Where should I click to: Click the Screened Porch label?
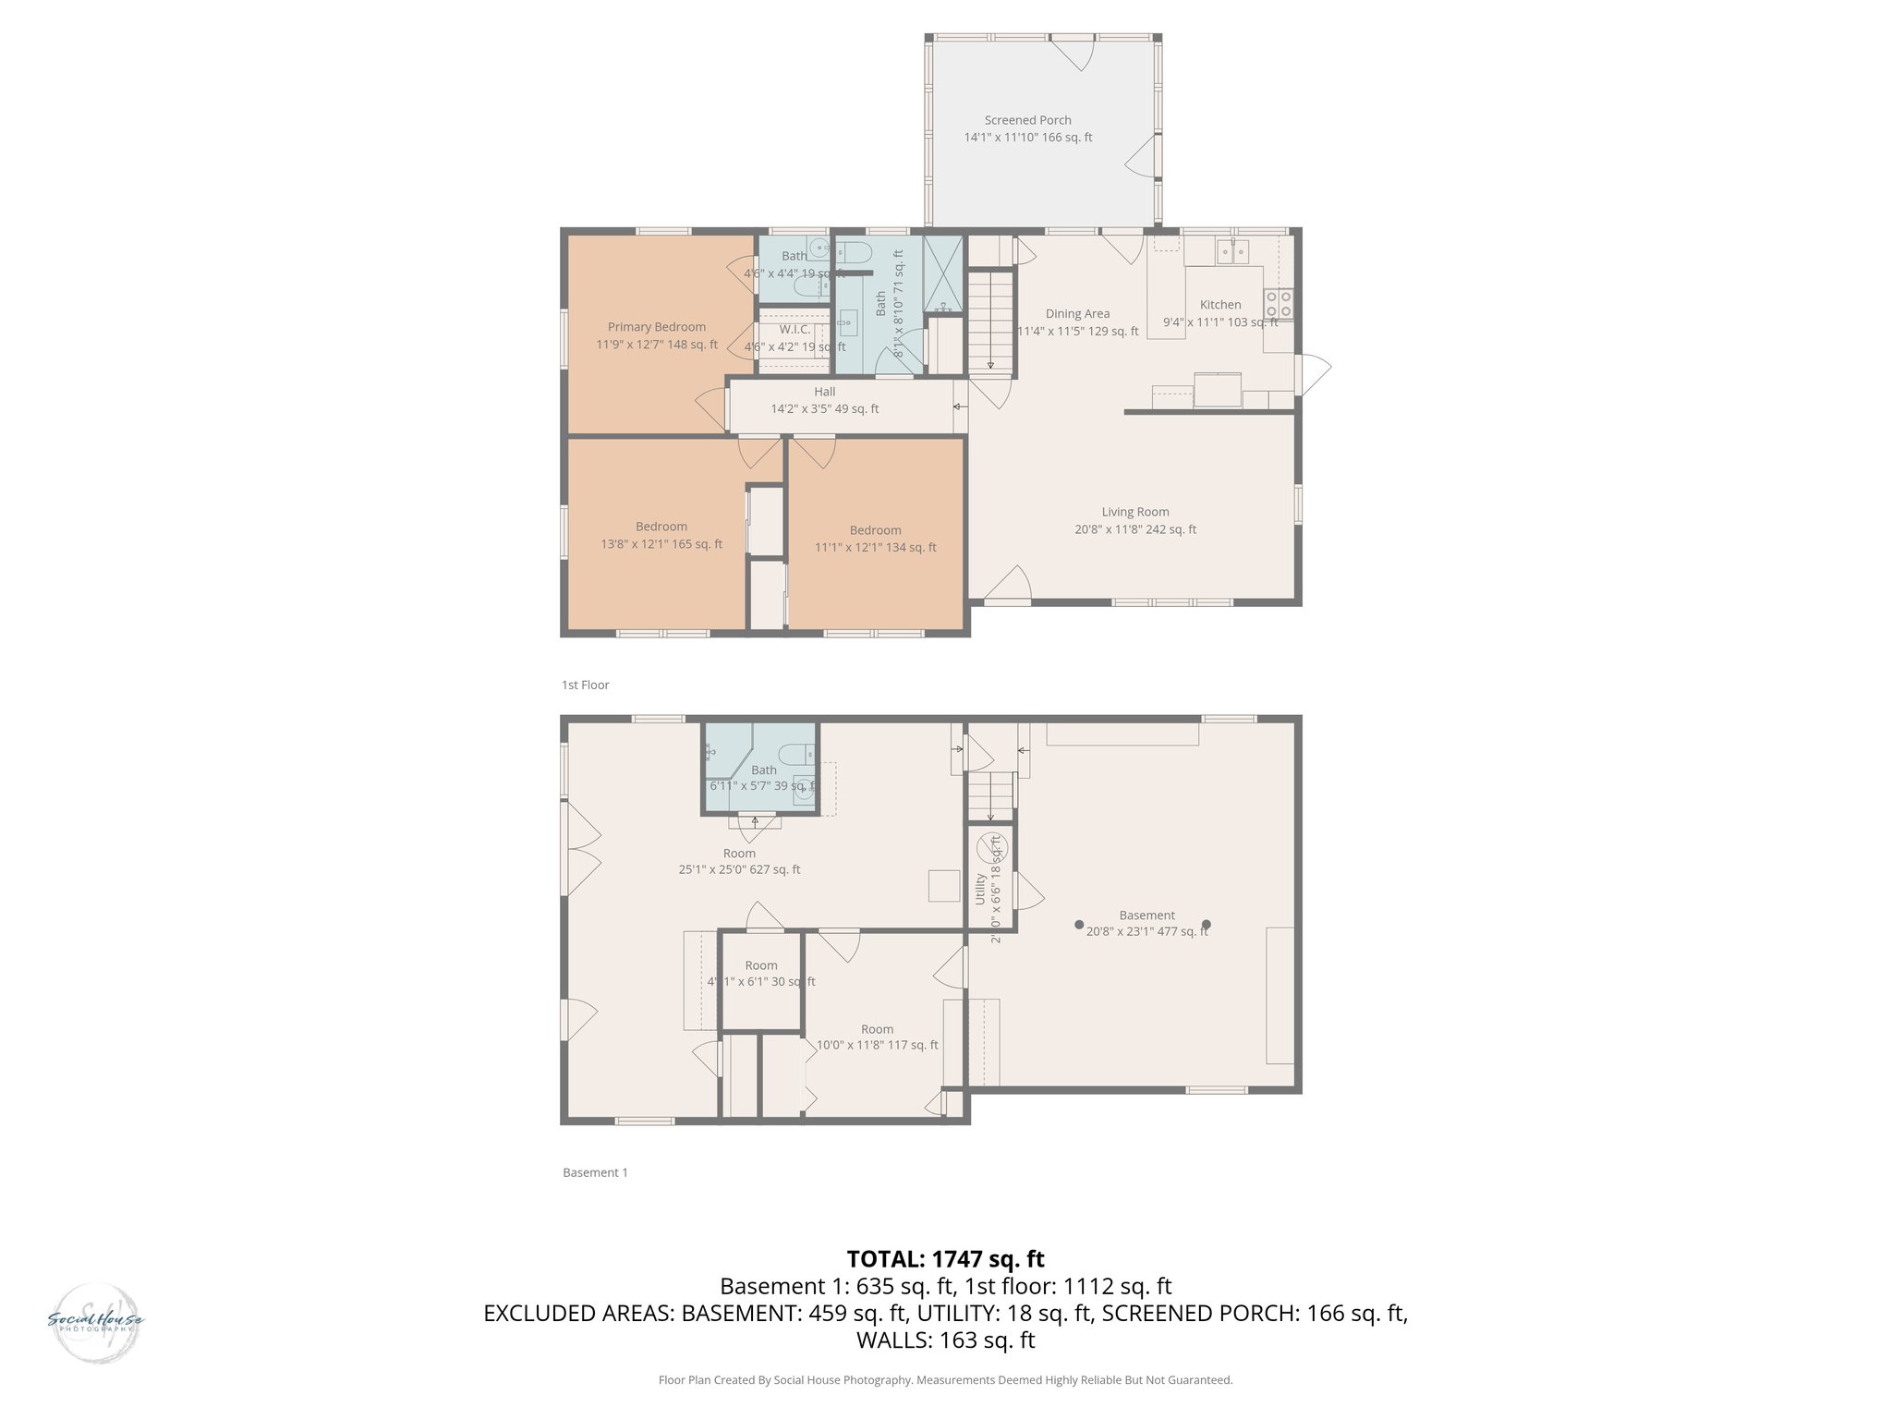(1027, 120)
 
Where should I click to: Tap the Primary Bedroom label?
(656, 327)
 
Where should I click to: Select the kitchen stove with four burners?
(1279, 304)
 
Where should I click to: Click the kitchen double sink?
(1232, 249)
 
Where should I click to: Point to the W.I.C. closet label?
(794, 330)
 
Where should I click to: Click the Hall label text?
(824, 392)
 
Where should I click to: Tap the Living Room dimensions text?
(1134, 529)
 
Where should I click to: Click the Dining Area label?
(1077, 314)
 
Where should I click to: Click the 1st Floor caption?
(585, 685)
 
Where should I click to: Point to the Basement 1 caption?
(595, 1172)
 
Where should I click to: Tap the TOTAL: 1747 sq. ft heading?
(945, 1258)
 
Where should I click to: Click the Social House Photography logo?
(95, 1321)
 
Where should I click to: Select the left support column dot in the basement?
(1078, 924)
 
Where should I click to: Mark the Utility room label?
(980, 888)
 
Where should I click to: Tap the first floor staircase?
(990, 319)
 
